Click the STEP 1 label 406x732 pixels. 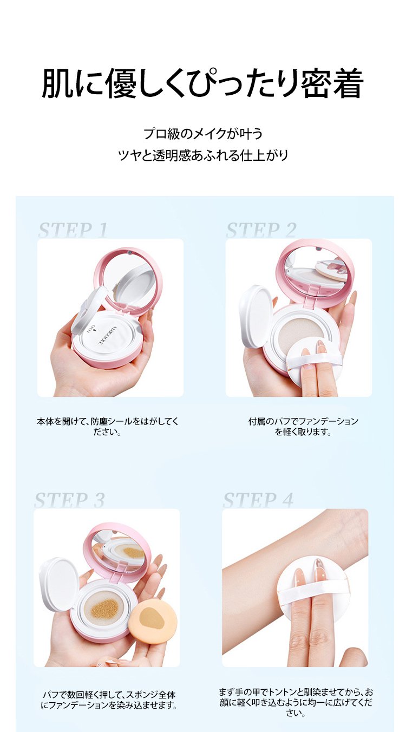tap(73, 230)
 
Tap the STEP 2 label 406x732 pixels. tap(261, 230)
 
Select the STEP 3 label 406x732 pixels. tap(69, 500)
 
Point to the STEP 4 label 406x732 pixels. tap(258, 500)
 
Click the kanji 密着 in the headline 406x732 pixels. tap(331, 83)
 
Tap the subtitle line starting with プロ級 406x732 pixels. tap(203, 134)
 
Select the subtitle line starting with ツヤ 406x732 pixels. tap(203, 155)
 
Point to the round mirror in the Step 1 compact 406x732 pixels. tap(128, 282)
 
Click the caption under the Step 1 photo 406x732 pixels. tap(108, 427)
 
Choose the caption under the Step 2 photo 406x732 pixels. tap(303, 427)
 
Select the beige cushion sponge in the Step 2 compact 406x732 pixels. tap(300, 332)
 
